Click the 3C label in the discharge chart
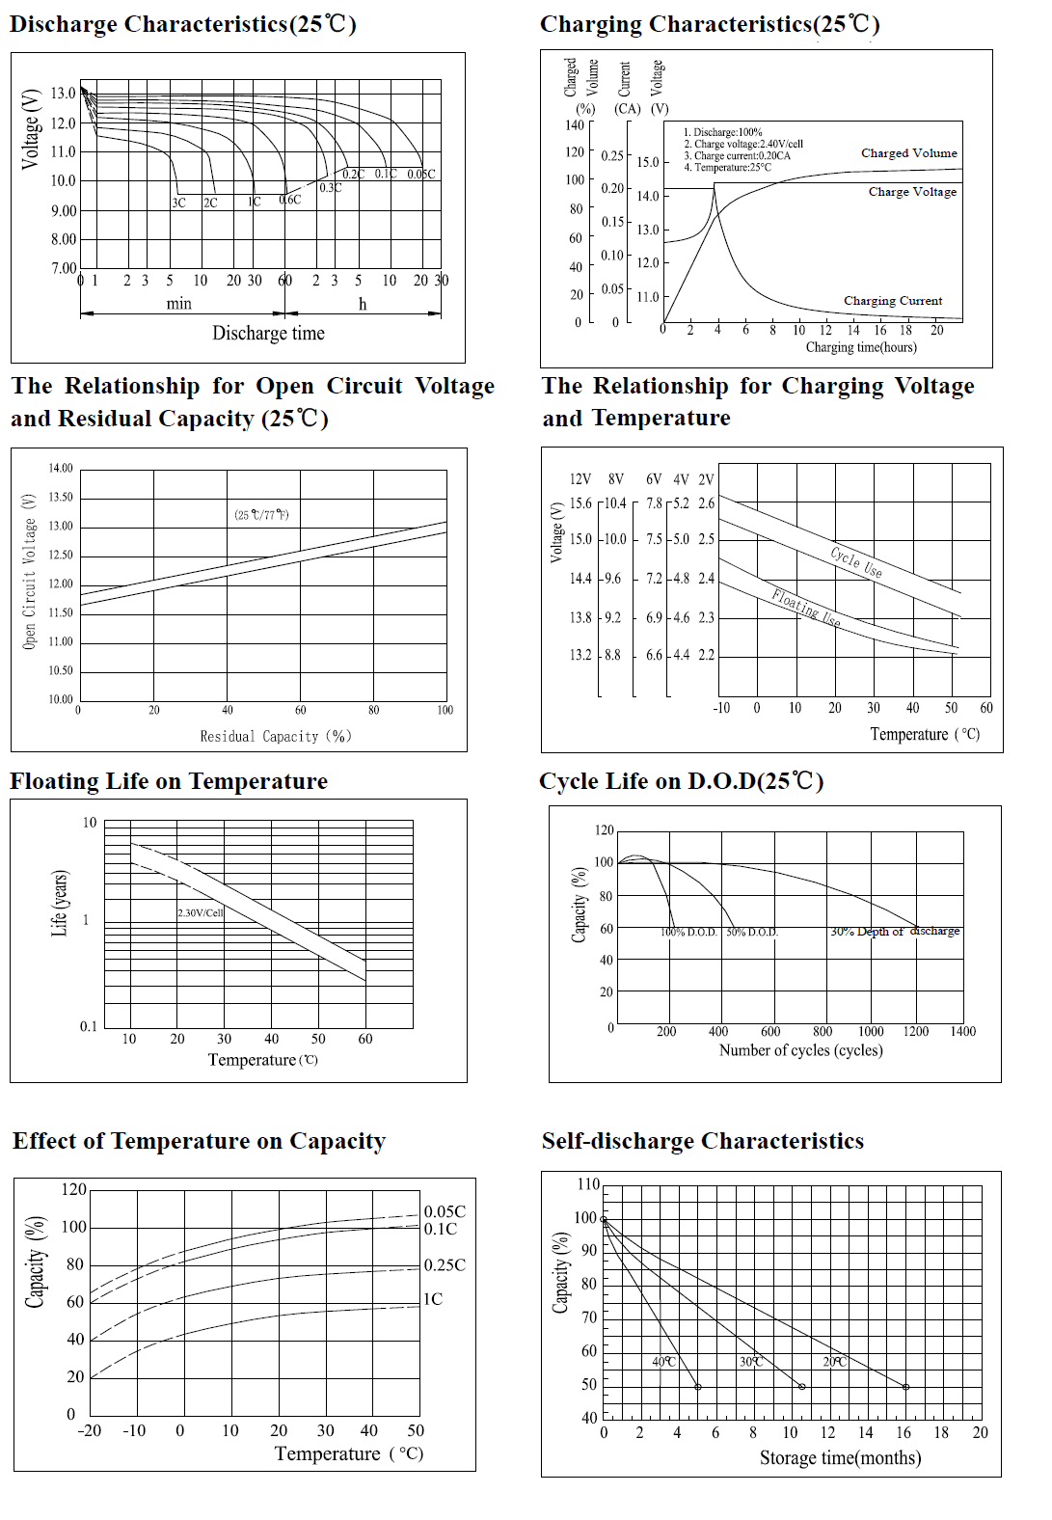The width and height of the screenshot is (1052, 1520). pos(178,203)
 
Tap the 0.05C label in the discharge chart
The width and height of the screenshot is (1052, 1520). pos(420,175)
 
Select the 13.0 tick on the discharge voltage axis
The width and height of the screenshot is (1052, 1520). pos(64,94)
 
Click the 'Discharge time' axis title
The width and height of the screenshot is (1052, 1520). pos(268,334)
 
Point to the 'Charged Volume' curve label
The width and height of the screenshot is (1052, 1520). pos(908,153)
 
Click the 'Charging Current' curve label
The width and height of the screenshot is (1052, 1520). pos(893,301)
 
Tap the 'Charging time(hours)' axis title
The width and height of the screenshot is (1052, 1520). pos(861,347)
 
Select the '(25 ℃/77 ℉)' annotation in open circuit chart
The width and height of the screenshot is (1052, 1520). pos(261,514)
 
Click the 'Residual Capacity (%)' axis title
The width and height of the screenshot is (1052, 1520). pos(276,737)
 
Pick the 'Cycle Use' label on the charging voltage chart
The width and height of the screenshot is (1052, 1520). pos(856,562)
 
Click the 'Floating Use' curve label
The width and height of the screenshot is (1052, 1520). pos(806,609)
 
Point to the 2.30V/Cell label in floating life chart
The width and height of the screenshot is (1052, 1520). pos(201,912)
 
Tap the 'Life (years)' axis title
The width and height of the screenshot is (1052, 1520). pos(60,904)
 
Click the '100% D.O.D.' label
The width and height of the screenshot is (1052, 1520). pos(689,933)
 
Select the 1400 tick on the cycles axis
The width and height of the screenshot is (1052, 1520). pos(962,1032)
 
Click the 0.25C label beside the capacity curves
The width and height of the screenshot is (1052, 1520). pos(445,1264)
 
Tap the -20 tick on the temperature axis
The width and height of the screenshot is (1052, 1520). pos(89,1430)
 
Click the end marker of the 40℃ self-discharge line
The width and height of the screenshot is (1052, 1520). pos(698,1387)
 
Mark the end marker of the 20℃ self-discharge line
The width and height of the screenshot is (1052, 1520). pos(905,1387)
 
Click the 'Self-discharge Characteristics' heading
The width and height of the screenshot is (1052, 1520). pos(702,1141)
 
